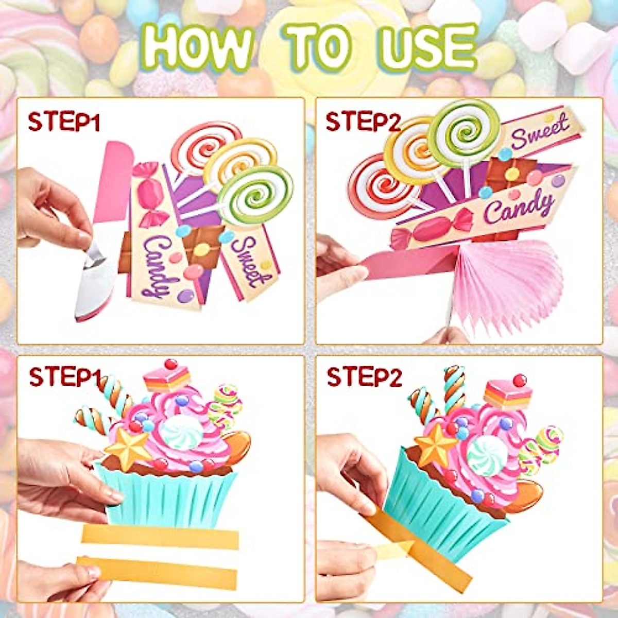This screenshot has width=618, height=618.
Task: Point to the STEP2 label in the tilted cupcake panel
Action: point(364,377)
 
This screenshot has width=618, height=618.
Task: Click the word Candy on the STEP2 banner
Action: point(518,208)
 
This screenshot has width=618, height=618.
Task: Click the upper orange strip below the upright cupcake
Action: point(160,537)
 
